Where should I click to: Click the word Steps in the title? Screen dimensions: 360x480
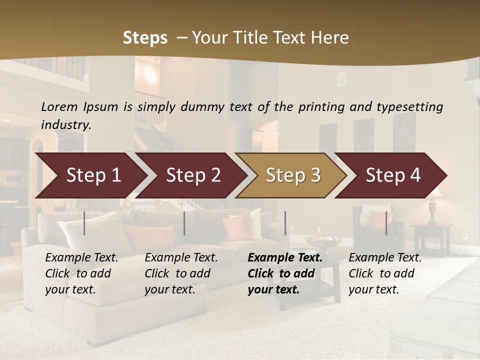pos(145,38)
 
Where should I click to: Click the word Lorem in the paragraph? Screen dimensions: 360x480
pos(59,107)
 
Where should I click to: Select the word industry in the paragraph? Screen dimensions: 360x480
pos(66,125)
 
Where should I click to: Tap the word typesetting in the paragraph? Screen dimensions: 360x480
pos(409,107)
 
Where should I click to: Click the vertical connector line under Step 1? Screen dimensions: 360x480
pos(84,223)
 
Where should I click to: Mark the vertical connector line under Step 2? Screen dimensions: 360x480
pos(184,223)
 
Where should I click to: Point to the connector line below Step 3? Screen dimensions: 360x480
pos(285,223)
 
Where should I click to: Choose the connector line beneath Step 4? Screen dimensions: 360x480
pos(386,223)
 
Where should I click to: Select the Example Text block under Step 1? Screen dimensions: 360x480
pos(81,273)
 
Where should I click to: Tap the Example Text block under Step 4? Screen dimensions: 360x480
pos(385,273)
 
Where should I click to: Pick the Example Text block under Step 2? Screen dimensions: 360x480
pos(181,273)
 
